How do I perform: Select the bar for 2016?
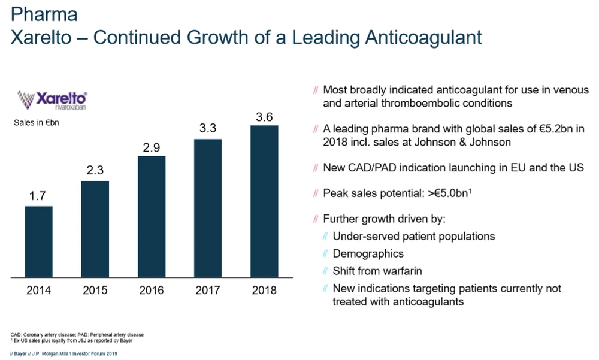[x=152, y=216]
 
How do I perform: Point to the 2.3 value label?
[x=95, y=170]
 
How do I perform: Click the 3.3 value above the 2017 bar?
[x=208, y=128]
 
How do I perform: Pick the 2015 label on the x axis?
[x=95, y=291]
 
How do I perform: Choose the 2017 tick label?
[x=208, y=291]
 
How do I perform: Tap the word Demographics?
[x=368, y=253]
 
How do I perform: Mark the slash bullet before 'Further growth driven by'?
[x=316, y=219]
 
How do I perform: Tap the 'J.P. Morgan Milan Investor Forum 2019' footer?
[x=75, y=353]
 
